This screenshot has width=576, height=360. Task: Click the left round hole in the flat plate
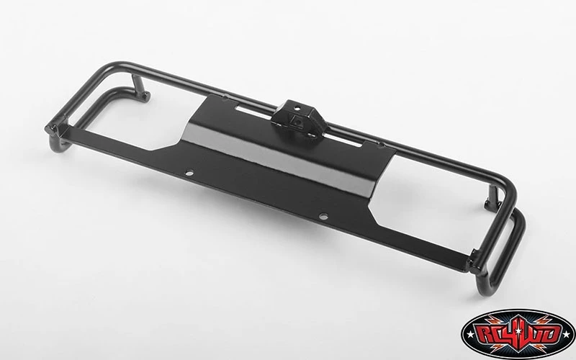coord(189,173)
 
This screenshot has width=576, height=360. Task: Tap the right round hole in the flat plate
coord(323,217)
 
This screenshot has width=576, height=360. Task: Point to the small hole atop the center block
coord(297,109)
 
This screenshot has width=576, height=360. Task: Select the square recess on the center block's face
coord(296,121)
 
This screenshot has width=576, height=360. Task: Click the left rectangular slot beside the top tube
coord(254,110)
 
